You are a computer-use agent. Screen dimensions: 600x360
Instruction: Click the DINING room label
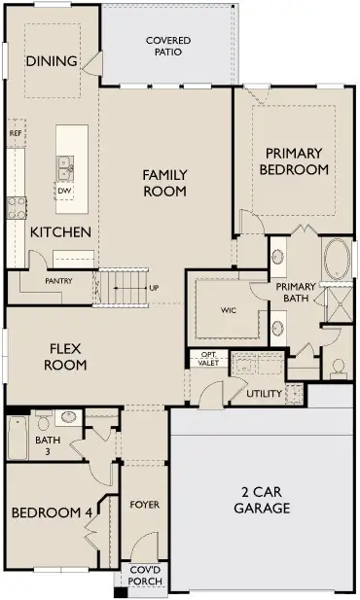tap(52, 61)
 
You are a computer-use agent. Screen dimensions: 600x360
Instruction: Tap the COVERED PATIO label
tap(167, 46)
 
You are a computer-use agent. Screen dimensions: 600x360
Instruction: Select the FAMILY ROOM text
tap(164, 183)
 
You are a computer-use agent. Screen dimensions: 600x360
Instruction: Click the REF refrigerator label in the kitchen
tap(16, 132)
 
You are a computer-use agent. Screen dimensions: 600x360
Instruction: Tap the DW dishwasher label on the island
tap(64, 191)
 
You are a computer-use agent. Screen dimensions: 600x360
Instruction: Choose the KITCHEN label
tap(60, 232)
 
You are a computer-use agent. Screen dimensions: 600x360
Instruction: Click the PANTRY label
tap(59, 281)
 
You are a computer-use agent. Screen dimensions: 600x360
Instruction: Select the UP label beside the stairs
tap(154, 288)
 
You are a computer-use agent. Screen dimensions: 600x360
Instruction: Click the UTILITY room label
tap(264, 394)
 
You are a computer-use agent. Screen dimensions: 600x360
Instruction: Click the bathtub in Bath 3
tap(18, 439)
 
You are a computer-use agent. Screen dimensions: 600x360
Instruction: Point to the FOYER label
tap(144, 505)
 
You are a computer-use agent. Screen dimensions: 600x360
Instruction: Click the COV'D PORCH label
tap(145, 577)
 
